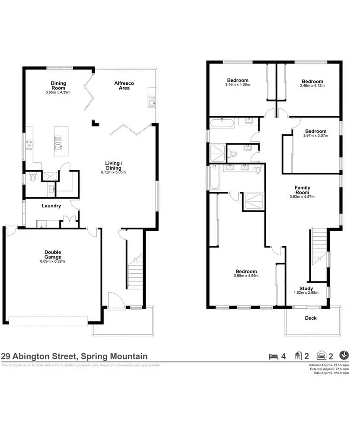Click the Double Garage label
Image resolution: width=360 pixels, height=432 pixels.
pyautogui.click(x=53, y=254)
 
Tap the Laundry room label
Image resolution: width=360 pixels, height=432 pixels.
pyautogui.click(x=51, y=206)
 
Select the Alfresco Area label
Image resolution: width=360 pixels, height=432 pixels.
pyautogui.click(x=122, y=86)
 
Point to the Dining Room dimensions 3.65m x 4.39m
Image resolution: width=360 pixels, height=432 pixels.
pyautogui.click(x=57, y=92)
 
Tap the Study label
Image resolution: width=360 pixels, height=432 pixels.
pyautogui.click(x=306, y=289)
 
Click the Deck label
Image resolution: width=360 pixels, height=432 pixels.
pyautogui.click(x=311, y=318)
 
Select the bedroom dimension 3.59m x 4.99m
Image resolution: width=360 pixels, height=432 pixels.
pyautogui.click(x=245, y=276)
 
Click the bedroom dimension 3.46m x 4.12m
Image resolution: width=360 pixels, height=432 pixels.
pyautogui.click(x=312, y=86)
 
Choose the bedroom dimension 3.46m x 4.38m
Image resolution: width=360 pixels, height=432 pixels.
pyautogui.click(x=237, y=85)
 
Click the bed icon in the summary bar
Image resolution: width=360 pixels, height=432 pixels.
pyautogui.click(x=273, y=356)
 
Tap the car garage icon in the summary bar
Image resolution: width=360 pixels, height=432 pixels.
pyautogui.click(x=321, y=356)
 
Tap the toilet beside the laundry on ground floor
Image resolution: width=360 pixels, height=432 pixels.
pyautogui.click(x=33, y=178)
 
